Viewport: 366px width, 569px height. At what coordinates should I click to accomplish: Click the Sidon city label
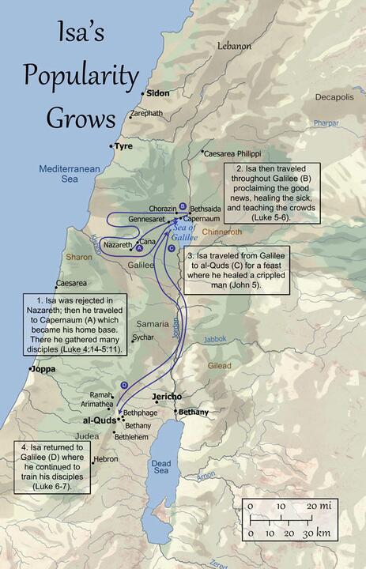(159, 93)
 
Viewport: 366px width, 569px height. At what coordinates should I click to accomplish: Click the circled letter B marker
(183, 205)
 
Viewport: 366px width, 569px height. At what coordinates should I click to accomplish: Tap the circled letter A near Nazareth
(139, 247)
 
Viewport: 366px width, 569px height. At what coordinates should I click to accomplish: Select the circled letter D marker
(124, 384)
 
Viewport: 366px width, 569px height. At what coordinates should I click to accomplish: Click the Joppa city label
(44, 368)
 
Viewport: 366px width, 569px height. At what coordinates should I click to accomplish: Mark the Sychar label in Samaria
(143, 337)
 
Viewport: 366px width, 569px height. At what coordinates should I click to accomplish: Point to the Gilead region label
(220, 366)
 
